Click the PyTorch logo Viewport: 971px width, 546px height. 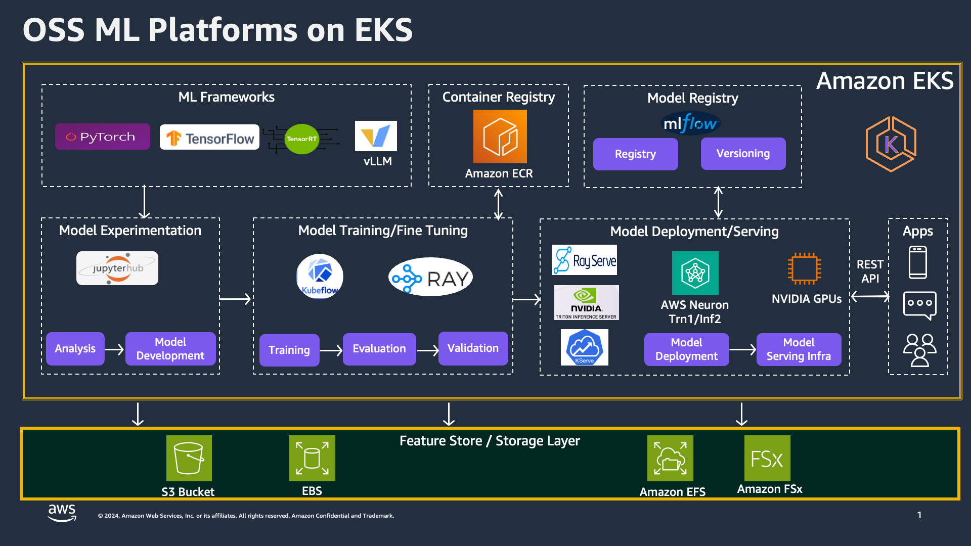[x=102, y=136]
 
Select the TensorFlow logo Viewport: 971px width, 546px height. [x=209, y=138]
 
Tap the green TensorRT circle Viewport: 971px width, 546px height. [x=302, y=139]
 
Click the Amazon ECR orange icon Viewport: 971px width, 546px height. [x=500, y=136]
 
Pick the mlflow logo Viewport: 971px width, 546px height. [x=691, y=123]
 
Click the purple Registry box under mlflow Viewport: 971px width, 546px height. [x=635, y=154]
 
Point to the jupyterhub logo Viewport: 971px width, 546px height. [x=117, y=268]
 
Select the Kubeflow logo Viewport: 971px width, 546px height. [x=320, y=277]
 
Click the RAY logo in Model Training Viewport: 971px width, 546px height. [x=430, y=278]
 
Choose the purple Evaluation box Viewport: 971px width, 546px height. [x=379, y=349]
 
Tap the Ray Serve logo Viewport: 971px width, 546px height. [x=584, y=260]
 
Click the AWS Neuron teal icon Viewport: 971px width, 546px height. [x=695, y=273]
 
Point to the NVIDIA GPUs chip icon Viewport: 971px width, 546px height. [x=804, y=268]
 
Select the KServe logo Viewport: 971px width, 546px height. [x=584, y=347]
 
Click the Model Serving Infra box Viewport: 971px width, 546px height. [x=799, y=349]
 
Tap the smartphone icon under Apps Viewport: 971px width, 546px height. [x=917, y=262]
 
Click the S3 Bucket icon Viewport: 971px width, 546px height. [x=189, y=458]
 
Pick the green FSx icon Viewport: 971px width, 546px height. [x=767, y=458]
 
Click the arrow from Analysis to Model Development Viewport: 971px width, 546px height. [x=114, y=349]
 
